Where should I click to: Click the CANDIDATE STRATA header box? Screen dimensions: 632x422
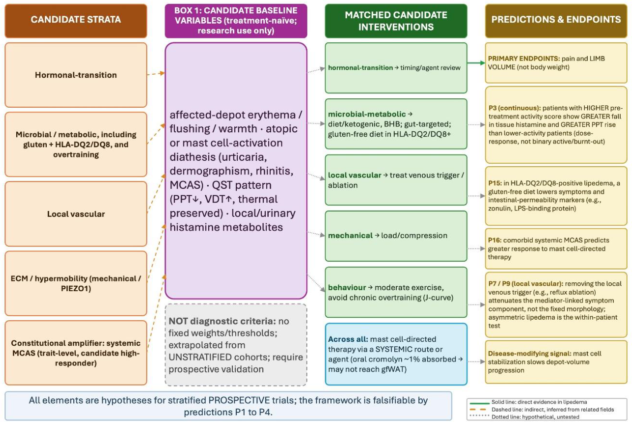pyautogui.click(x=76, y=21)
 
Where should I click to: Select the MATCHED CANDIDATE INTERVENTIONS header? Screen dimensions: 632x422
pyautogui.click(x=396, y=21)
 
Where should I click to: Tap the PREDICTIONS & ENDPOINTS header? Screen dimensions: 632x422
pyautogui.click(x=556, y=21)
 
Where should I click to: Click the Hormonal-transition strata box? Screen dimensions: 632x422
pyautogui.click(x=76, y=75)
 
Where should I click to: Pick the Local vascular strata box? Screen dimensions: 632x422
pyautogui.click(x=76, y=214)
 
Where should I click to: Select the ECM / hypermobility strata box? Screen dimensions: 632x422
pyautogui.click(x=76, y=283)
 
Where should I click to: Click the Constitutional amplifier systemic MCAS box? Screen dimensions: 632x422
pyautogui.click(x=76, y=353)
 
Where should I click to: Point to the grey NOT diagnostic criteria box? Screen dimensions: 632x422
pyautogui.click(x=236, y=345)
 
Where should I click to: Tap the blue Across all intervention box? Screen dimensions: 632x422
pyautogui.click(x=396, y=354)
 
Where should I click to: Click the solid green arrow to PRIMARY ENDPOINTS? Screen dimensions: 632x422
pyautogui.click(x=476, y=63)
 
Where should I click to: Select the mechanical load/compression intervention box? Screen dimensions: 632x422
pyautogui.click(x=396, y=236)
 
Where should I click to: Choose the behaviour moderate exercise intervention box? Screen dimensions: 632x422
pyautogui.click(x=396, y=292)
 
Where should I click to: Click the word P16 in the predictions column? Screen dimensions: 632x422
pyautogui.click(x=495, y=240)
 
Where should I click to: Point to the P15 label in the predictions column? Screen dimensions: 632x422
pyautogui.click(x=495, y=183)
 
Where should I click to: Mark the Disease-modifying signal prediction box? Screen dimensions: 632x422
pyautogui.click(x=556, y=362)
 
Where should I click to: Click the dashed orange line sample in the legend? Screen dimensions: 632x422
pyautogui.click(x=478, y=410)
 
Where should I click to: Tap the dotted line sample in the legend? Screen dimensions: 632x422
pyautogui.click(x=478, y=416)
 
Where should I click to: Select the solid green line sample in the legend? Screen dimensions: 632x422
pyautogui.click(x=479, y=403)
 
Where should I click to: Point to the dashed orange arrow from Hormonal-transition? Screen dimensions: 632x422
pyautogui.click(x=156, y=74)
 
